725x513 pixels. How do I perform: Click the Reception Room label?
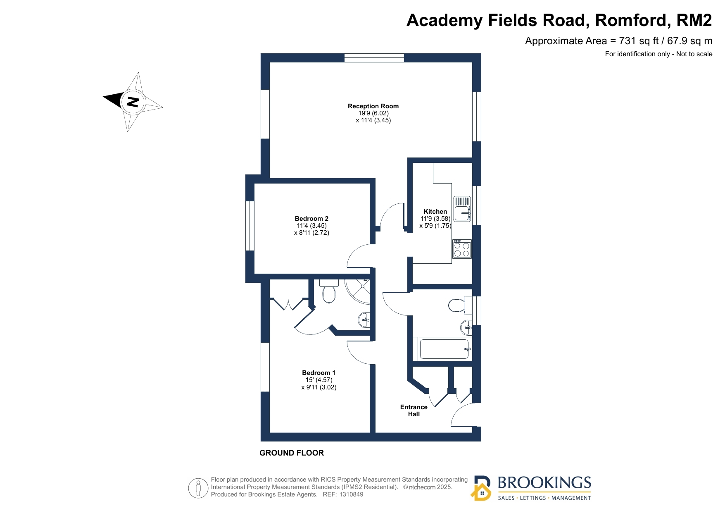pos(373,106)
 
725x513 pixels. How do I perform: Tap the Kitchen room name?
pos(435,212)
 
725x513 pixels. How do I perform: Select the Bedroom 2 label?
pos(311,219)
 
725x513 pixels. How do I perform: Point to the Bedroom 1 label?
pos(319,373)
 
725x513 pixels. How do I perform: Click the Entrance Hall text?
pos(414,410)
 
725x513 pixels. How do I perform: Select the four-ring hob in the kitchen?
pos(462,249)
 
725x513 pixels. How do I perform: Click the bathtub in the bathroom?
pos(445,349)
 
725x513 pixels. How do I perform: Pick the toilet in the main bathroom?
pos(457,305)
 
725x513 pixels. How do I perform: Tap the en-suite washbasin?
pos(364,320)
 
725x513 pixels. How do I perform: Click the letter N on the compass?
pos(133,101)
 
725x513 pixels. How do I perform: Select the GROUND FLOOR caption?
pos(292,453)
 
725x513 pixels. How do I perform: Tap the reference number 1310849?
pos(351,494)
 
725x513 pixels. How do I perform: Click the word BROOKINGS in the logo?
pos(544,483)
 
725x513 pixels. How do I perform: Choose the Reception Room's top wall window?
pos(374,58)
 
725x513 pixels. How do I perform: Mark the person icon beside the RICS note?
pos(198,488)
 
